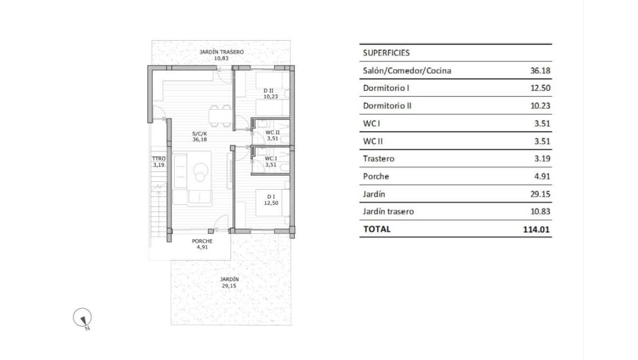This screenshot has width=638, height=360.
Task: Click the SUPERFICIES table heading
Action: click(x=386, y=53)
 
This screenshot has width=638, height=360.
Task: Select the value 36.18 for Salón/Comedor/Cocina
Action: click(x=540, y=71)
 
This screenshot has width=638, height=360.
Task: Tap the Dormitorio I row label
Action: click(x=386, y=88)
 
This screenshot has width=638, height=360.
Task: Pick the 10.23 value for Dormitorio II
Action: click(x=540, y=106)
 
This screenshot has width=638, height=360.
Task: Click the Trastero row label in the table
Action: click(x=378, y=159)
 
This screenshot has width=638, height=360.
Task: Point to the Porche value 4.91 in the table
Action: click(x=542, y=177)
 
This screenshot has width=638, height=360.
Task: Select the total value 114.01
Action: click(x=536, y=229)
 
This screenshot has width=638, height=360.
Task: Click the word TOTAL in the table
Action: click(x=377, y=229)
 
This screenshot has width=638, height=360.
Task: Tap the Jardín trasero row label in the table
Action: click(x=388, y=212)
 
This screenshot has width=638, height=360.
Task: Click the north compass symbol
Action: click(x=82, y=317)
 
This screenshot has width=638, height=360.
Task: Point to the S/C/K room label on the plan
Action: click(x=200, y=133)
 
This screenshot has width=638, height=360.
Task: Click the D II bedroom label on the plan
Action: click(x=268, y=91)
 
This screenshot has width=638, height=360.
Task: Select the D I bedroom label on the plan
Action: click(x=271, y=197)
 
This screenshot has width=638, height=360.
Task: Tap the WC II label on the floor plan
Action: click(x=272, y=132)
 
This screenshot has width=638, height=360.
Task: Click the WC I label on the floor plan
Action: click(x=271, y=158)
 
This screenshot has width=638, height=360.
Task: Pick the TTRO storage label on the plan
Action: click(x=159, y=159)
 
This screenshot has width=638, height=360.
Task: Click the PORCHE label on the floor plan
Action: click(x=202, y=241)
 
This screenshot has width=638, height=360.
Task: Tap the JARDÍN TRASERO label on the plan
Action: click(x=221, y=52)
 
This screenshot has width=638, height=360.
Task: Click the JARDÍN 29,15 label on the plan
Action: click(x=229, y=282)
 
